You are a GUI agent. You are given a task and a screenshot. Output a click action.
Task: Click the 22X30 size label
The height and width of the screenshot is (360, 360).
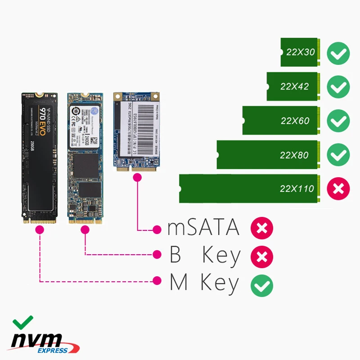[x=301, y=52]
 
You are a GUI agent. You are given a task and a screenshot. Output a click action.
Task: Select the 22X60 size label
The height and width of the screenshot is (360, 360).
[x=295, y=121]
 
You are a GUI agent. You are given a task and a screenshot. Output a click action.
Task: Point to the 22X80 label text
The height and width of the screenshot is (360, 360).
[x=294, y=155]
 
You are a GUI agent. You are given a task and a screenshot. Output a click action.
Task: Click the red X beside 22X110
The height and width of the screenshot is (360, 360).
[x=338, y=189]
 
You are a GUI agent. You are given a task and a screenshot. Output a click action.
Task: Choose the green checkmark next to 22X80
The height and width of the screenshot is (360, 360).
[x=338, y=155]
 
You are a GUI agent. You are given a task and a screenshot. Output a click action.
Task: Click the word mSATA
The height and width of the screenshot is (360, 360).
[x=203, y=228]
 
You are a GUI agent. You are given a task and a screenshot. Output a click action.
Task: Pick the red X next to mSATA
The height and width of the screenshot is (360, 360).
[x=262, y=229]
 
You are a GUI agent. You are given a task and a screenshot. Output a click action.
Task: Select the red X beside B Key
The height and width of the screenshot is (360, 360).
[x=262, y=256]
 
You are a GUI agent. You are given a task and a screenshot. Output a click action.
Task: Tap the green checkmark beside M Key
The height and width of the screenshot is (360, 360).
[x=262, y=285]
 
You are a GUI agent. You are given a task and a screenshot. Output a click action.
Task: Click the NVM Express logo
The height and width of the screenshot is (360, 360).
[x=45, y=343]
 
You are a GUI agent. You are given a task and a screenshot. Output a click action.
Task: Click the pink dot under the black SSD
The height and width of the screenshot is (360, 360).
[x=40, y=229]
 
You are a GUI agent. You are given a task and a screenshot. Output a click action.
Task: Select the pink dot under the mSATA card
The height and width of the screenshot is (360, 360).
[x=136, y=178]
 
